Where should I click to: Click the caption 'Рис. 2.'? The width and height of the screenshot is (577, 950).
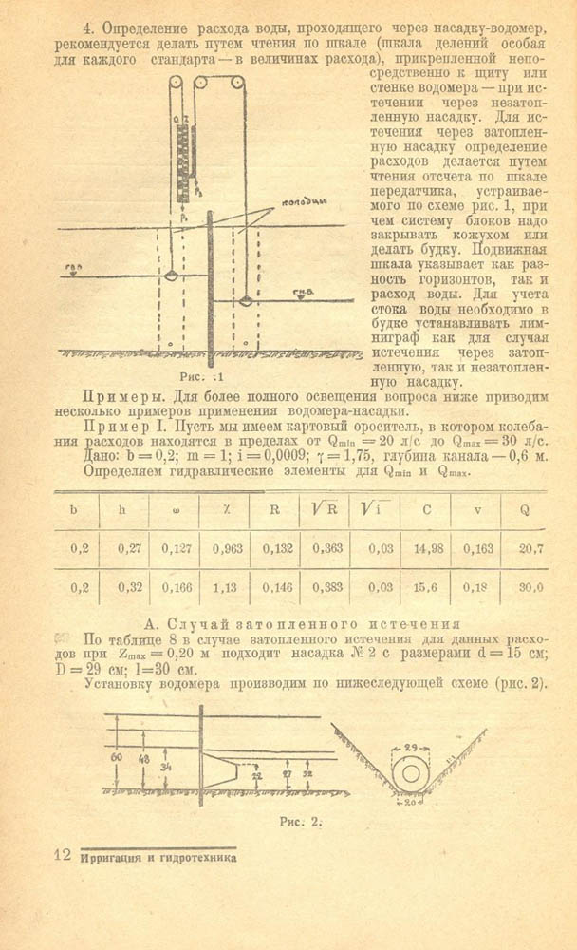302,819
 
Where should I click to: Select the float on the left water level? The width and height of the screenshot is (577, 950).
171,276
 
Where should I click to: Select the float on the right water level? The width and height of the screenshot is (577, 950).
246,302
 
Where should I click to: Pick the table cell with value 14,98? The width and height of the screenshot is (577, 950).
426,548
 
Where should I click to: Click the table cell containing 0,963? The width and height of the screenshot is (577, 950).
224,548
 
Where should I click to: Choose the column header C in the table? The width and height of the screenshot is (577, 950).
426,508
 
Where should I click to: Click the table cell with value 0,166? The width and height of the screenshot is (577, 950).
174,587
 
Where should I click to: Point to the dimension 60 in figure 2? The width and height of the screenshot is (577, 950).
117,759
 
